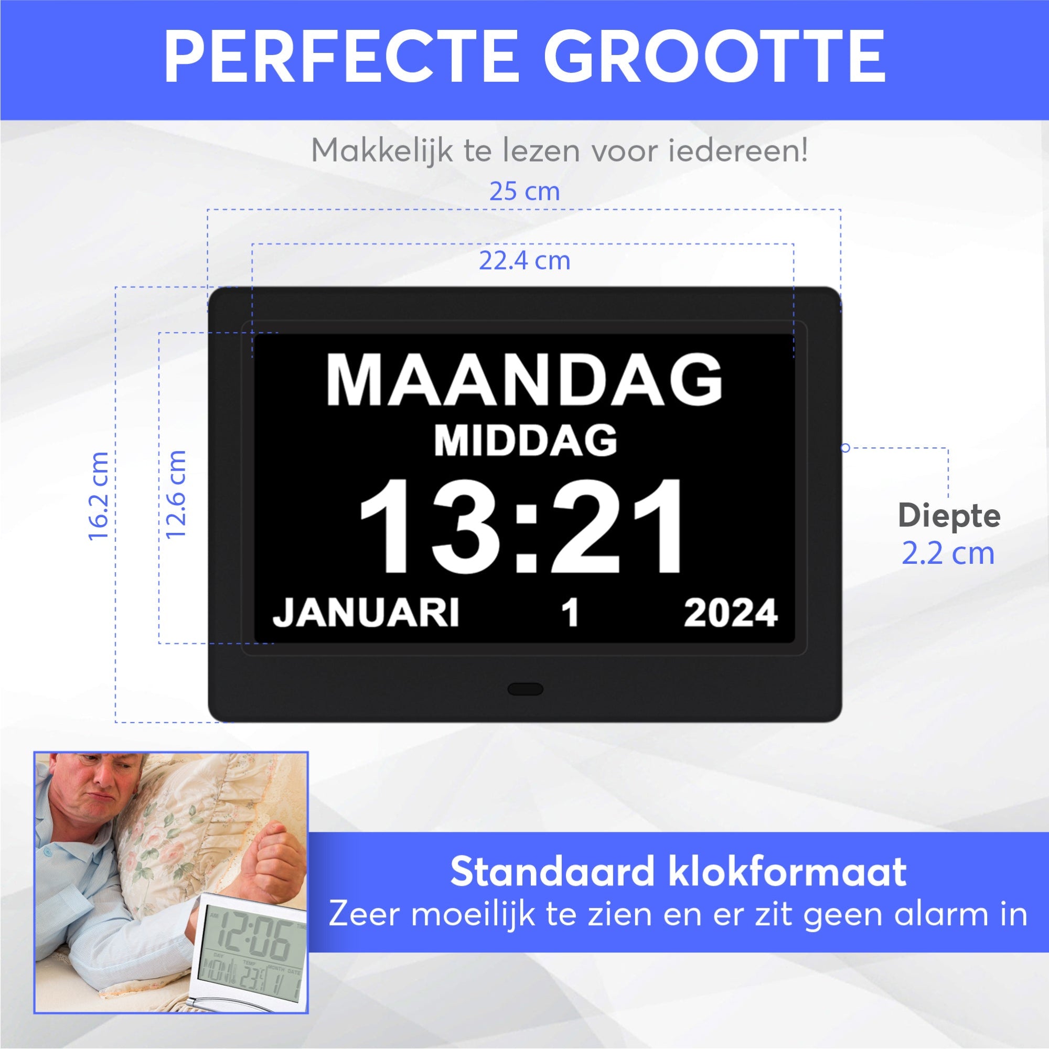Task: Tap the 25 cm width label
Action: tap(524, 191)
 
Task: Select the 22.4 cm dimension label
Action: tap(524, 261)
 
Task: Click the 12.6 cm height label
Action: tap(176, 495)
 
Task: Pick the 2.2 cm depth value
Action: tap(948, 554)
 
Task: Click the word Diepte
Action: tap(948, 515)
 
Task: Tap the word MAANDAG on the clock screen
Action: tap(524, 380)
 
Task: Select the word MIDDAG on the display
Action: tap(525, 441)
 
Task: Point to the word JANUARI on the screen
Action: tap(366, 613)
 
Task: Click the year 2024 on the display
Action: tap(730, 614)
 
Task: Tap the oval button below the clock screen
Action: tap(525, 689)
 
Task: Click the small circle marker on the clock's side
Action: tap(845, 448)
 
